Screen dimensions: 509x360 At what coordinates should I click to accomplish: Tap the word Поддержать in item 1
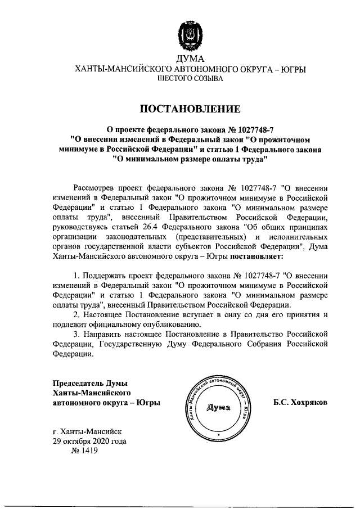[105, 276]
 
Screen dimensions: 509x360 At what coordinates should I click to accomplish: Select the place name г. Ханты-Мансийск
[85, 432]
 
